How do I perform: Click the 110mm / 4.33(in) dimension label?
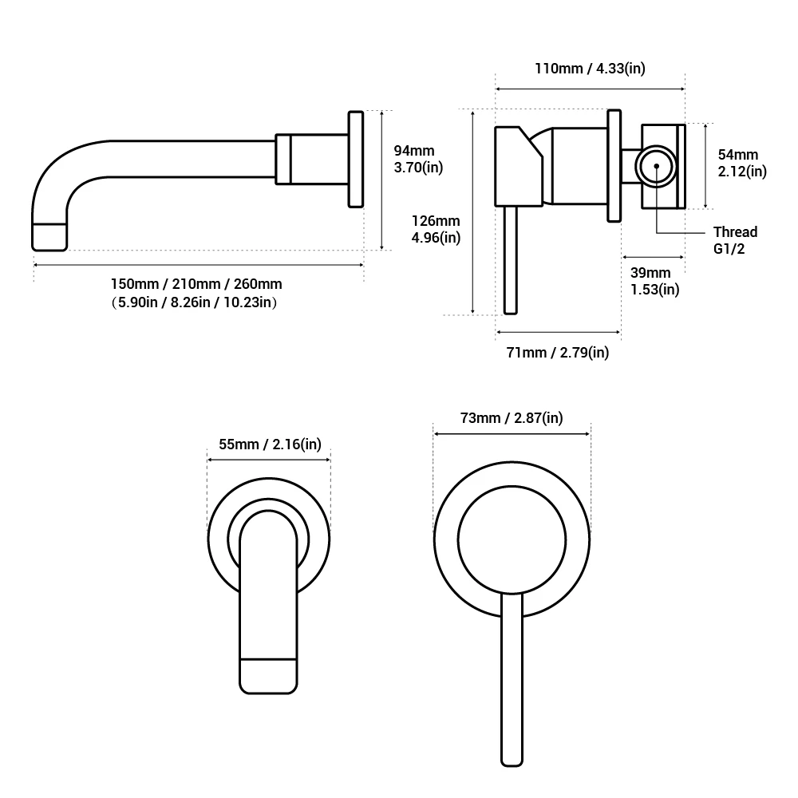[x=590, y=69]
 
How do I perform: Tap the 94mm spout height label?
[x=414, y=150]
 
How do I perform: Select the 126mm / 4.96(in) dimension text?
[x=436, y=229]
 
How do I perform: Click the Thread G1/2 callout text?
[x=735, y=240]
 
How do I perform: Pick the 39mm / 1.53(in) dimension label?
[x=654, y=281]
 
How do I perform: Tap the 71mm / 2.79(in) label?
[x=558, y=352]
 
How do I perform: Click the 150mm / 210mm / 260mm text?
[x=196, y=284]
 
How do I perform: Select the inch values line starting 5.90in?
[x=196, y=302]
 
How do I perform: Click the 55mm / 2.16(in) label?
[x=270, y=444]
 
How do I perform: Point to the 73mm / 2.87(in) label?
[x=512, y=418]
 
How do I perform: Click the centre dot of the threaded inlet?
[x=656, y=167]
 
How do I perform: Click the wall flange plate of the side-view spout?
[x=356, y=159]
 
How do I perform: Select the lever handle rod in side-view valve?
[x=512, y=259]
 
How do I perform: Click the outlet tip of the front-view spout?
[x=269, y=675]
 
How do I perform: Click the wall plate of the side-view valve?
[x=614, y=166]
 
